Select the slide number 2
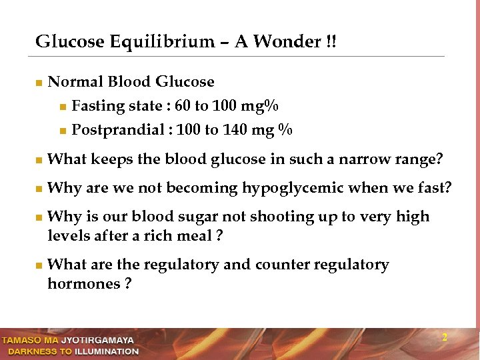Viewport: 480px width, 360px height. [x=445, y=338]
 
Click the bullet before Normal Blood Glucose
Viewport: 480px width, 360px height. [x=39, y=83]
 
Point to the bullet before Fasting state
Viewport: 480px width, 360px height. [x=63, y=107]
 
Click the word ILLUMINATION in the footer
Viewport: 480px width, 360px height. [x=107, y=351]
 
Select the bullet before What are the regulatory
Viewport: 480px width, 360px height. [x=39, y=266]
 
